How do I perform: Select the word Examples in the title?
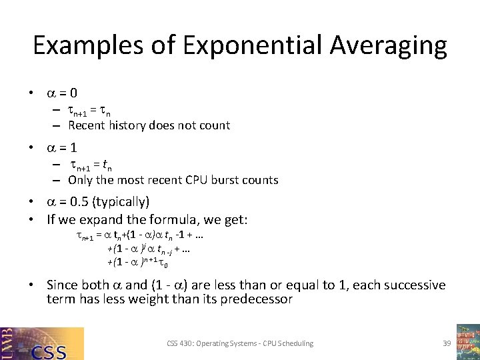pyautogui.click(x=87, y=45)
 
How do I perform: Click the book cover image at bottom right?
pyautogui.click(x=467, y=342)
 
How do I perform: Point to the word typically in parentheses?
pyautogui.click(x=125, y=201)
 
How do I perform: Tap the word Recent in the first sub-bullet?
pyautogui.click(x=86, y=125)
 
